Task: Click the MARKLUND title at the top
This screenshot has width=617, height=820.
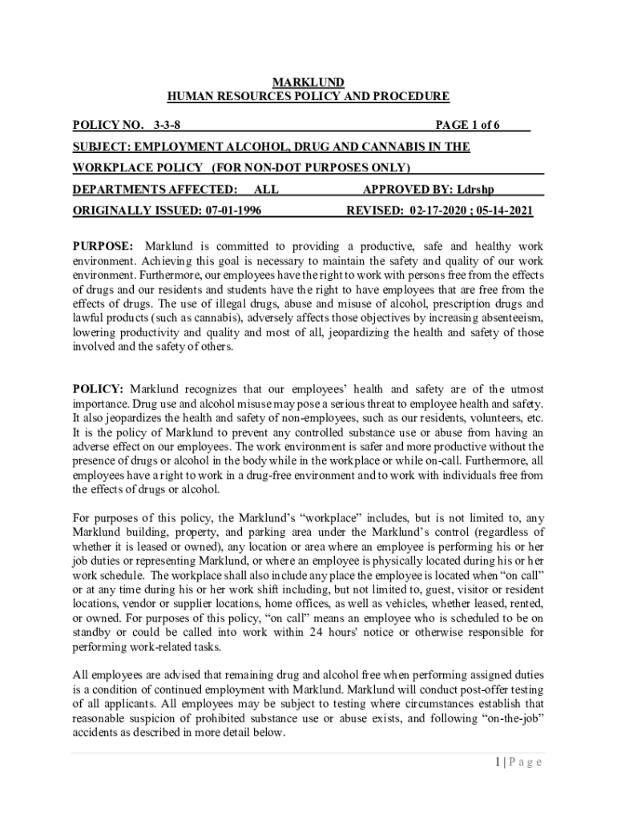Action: coord(308,82)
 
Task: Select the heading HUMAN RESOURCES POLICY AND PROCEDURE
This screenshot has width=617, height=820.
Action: coord(308,97)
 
